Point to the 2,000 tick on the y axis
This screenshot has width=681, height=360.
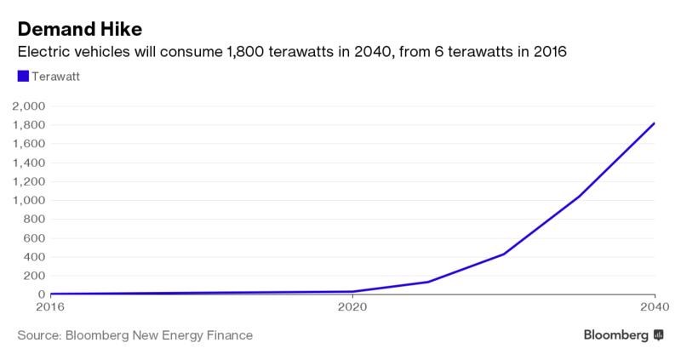28,106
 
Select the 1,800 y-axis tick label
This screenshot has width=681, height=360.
28,125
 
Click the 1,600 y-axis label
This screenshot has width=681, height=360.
28,144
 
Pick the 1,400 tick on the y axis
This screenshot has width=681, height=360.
28,163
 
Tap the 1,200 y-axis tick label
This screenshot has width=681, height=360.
28,181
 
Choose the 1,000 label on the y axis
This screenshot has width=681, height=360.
28,200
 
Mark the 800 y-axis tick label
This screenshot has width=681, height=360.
35,219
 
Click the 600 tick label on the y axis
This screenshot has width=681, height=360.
35,238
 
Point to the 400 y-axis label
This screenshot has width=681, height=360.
35,257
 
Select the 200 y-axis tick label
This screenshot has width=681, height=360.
35,276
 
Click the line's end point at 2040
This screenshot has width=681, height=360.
654,123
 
